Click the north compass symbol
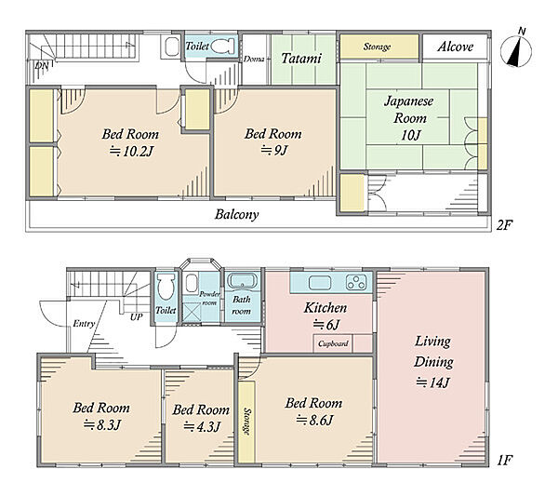pyautogui.click(x=516, y=50)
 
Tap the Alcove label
pyautogui.click(x=455, y=47)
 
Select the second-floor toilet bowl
pyautogui.click(x=223, y=46)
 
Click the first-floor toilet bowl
pyautogui.click(x=166, y=287)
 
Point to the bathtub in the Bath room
pyautogui.click(x=243, y=281)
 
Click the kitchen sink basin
pyautogui.click(x=320, y=283)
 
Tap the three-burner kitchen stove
pyautogui.click(x=356, y=282)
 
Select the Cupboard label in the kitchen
pyautogui.click(x=333, y=343)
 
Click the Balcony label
pyautogui.click(x=236, y=214)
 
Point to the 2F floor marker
pyautogui.click(x=505, y=225)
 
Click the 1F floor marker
pyautogui.click(x=505, y=461)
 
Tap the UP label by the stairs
pyautogui.click(x=137, y=316)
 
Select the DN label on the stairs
pyautogui.click(x=42, y=65)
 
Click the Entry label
pyautogui.click(x=84, y=324)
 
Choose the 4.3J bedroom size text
pyautogui.click(x=202, y=426)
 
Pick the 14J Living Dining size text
pyautogui.click(x=433, y=382)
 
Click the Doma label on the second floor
pyautogui.click(x=254, y=60)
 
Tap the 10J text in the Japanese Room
pyautogui.click(x=411, y=135)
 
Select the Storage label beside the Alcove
pyautogui.click(x=378, y=47)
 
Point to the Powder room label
pyautogui.click(x=209, y=299)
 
